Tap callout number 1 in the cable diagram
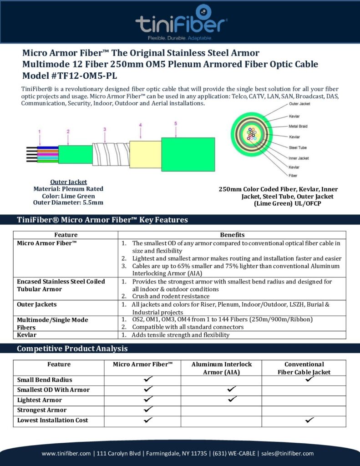click(40, 132)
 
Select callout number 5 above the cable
click(176, 123)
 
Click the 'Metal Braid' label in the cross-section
click(299, 127)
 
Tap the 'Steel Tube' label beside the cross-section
click(298, 147)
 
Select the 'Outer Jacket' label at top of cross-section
click(299, 104)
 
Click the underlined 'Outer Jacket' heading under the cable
click(68, 182)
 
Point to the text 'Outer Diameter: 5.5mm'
click(68, 203)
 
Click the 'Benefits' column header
click(232, 235)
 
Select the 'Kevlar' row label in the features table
click(27, 335)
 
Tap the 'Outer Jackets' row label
click(37, 304)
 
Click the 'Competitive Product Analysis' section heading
click(72, 349)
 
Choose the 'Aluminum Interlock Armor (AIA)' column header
click(221, 368)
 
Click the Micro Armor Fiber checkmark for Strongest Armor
click(148, 410)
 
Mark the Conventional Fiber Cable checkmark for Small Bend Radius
click(310, 379)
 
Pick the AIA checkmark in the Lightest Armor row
click(232, 399)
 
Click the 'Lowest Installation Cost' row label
click(53, 420)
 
